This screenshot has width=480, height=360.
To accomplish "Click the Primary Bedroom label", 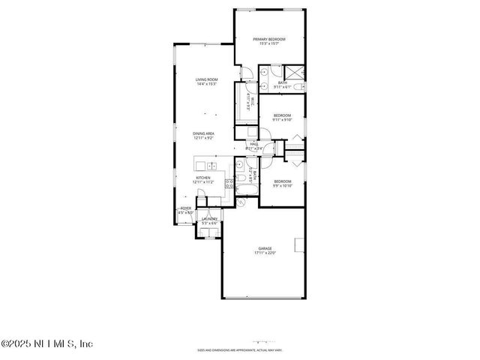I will (269, 39).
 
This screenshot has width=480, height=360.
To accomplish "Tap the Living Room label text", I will (206, 79).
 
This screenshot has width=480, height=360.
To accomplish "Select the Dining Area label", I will (203, 133).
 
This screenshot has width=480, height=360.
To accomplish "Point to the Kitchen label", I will (203, 178).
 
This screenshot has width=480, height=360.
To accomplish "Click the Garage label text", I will (265, 248).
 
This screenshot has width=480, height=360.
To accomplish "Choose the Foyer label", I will (184, 208).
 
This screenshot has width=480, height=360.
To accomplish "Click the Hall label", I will (254, 143).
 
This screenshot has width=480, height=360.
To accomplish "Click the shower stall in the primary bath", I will (295, 72).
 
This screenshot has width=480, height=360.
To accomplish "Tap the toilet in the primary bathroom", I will (299, 89).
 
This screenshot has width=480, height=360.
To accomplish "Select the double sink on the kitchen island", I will (211, 165).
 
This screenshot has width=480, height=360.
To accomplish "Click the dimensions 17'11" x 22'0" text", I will (265, 253).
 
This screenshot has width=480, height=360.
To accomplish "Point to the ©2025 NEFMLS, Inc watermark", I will (46, 344).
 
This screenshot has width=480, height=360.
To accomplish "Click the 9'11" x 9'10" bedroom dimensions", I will (282, 120).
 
